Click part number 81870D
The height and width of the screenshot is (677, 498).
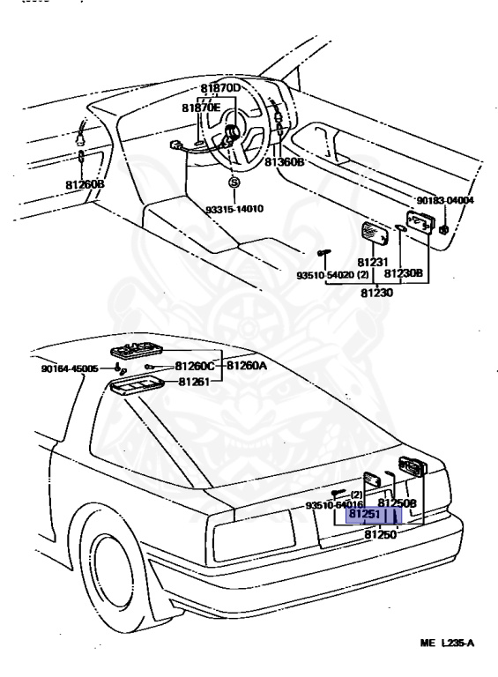pyautogui.click(x=220, y=88)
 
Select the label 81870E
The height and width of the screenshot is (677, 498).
pyautogui.click(x=203, y=108)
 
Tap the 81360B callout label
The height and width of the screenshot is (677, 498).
pyautogui.click(x=285, y=162)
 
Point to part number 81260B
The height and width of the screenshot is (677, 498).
pyautogui.click(x=85, y=184)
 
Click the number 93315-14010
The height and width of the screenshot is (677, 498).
pyautogui.click(x=235, y=209)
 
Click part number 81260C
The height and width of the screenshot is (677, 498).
pyautogui.click(x=194, y=366)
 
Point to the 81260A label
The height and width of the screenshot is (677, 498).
pyautogui.click(x=247, y=365)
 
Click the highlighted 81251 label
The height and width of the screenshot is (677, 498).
pyautogui.click(x=363, y=514)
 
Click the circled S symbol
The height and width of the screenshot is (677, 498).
pyautogui.click(x=234, y=182)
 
